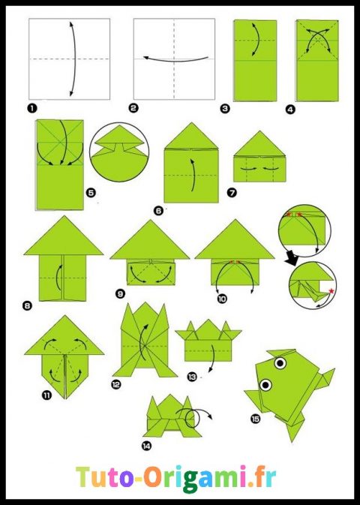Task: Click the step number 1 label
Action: pyautogui.click(x=32, y=108)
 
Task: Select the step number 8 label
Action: pyautogui.click(x=28, y=305)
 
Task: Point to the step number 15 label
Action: pyautogui.click(x=256, y=418)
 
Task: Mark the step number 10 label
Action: pyautogui.click(x=201, y=298)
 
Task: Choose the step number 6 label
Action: pyautogui.click(x=158, y=211)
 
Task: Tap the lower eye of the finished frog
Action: pyautogui.click(x=265, y=386)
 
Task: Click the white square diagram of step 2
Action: pyautogui.click(x=174, y=58)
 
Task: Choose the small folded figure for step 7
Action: pyautogui.click(x=260, y=158)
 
